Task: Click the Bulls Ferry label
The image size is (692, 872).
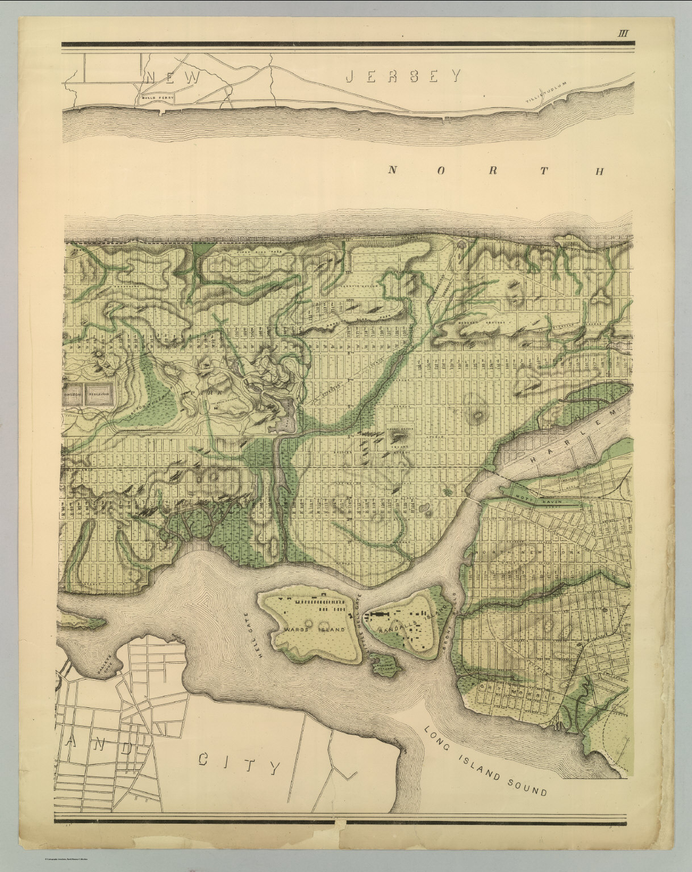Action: pyautogui.click(x=155, y=98)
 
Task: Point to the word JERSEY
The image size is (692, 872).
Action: pyautogui.click(x=403, y=76)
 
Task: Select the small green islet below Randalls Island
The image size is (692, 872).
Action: pyautogui.click(x=385, y=662)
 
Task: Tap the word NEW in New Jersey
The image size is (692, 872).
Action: pyautogui.click(x=172, y=77)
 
